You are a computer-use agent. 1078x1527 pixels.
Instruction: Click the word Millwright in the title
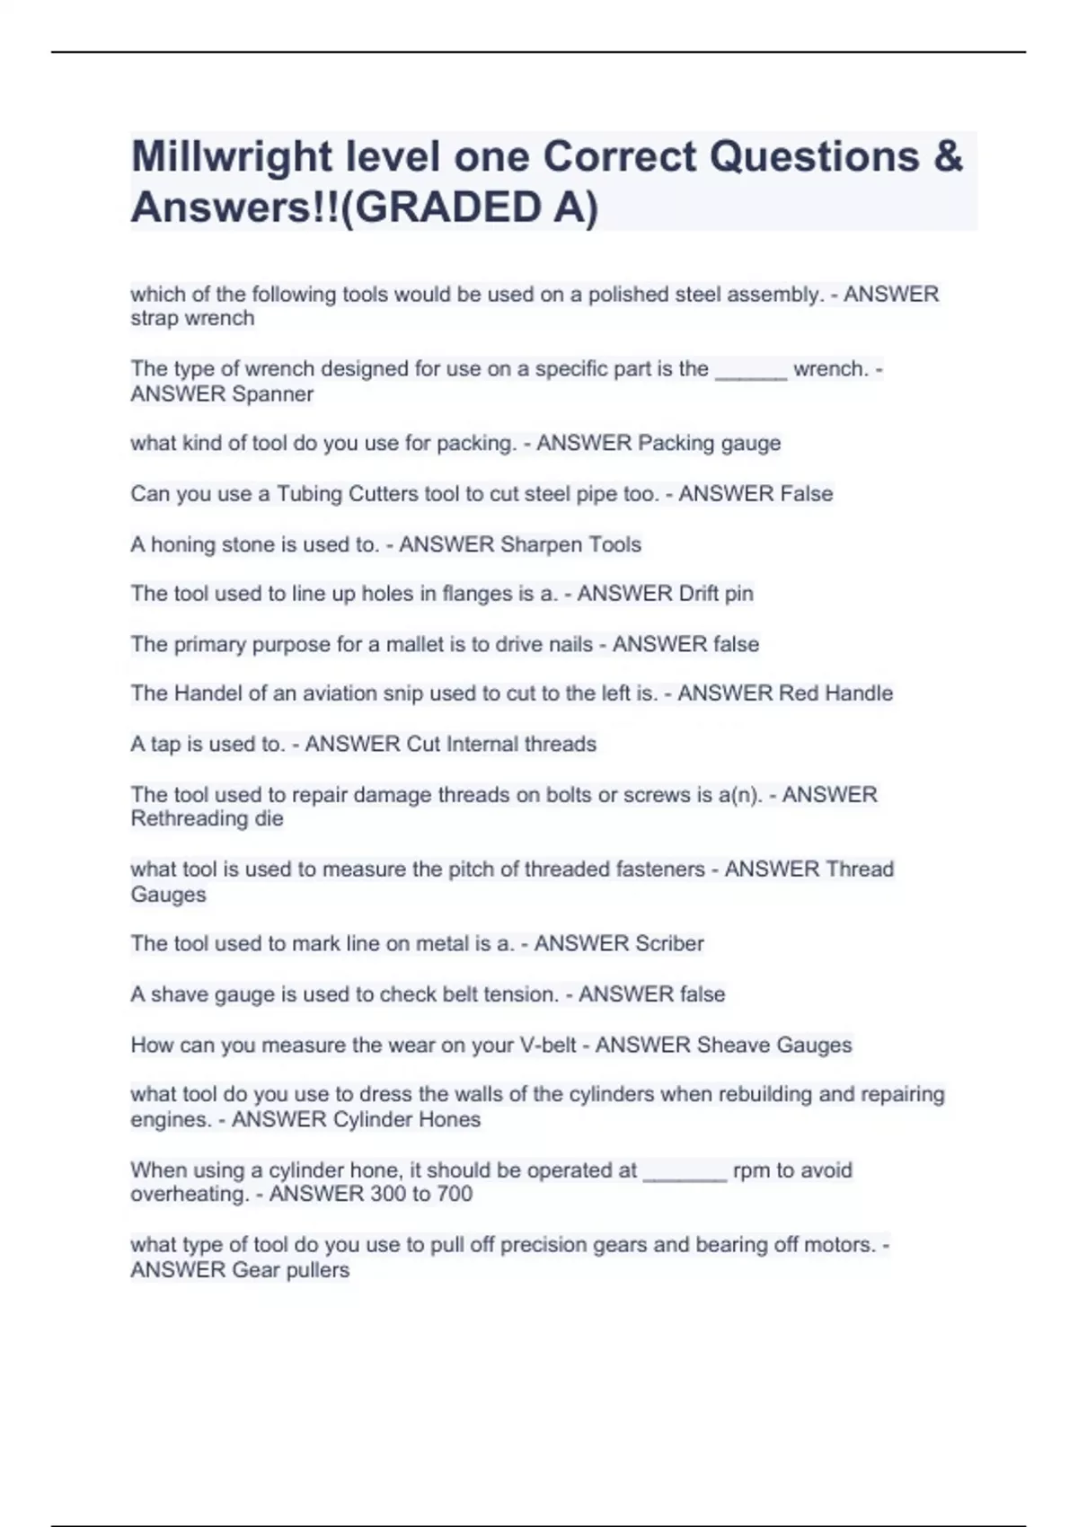232,158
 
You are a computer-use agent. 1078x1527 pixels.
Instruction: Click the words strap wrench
192,319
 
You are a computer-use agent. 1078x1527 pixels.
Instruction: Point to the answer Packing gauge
709,443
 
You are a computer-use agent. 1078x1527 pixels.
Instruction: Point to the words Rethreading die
207,819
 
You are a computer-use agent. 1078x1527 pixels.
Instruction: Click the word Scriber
669,944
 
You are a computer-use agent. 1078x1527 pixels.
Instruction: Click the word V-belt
548,1046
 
